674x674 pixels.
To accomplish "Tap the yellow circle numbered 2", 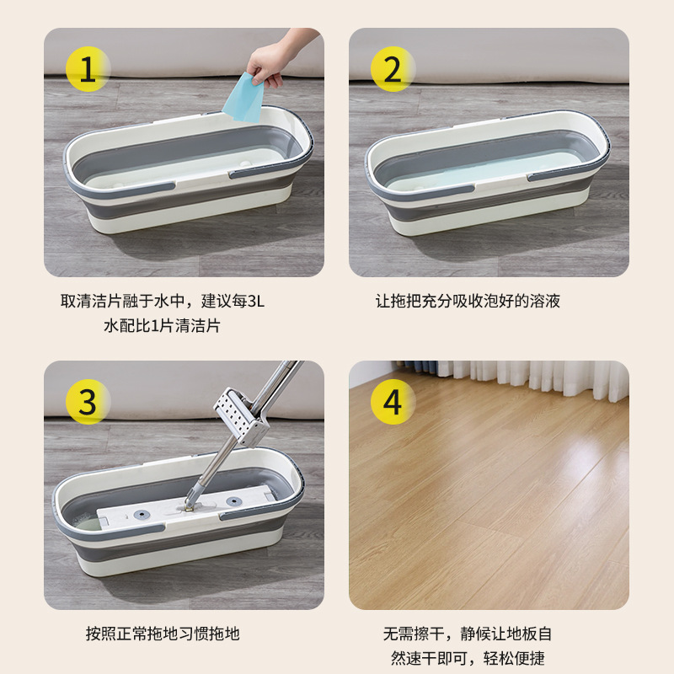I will pyautogui.click(x=393, y=69).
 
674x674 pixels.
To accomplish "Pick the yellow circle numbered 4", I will pyautogui.click(x=393, y=402).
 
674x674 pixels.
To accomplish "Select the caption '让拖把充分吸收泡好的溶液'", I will pyautogui.click(x=468, y=301).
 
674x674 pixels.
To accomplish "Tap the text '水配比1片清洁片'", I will pyautogui.click(x=162, y=325).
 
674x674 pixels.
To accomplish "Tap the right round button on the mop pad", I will pyautogui.click(x=233, y=502).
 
